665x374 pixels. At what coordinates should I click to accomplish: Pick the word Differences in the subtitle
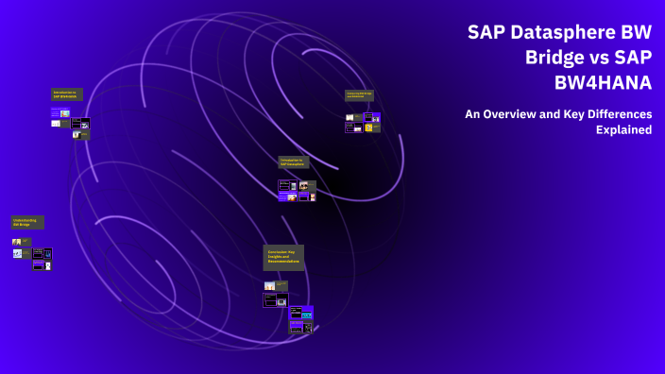tap(619, 114)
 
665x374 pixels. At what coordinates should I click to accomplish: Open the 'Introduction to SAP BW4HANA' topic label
tap(67, 94)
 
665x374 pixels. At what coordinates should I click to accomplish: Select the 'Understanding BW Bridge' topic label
tap(27, 223)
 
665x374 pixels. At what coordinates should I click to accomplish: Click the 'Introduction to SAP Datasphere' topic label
tap(294, 162)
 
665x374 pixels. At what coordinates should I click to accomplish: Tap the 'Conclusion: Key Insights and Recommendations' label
tap(283, 258)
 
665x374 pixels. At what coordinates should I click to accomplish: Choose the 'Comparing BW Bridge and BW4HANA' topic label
tap(359, 95)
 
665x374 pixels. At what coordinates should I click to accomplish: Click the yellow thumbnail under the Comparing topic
tap(368, 127)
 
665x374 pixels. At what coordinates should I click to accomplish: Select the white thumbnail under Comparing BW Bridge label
tap(350, 117)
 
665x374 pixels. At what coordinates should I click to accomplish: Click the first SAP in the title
tap(487, 32)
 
